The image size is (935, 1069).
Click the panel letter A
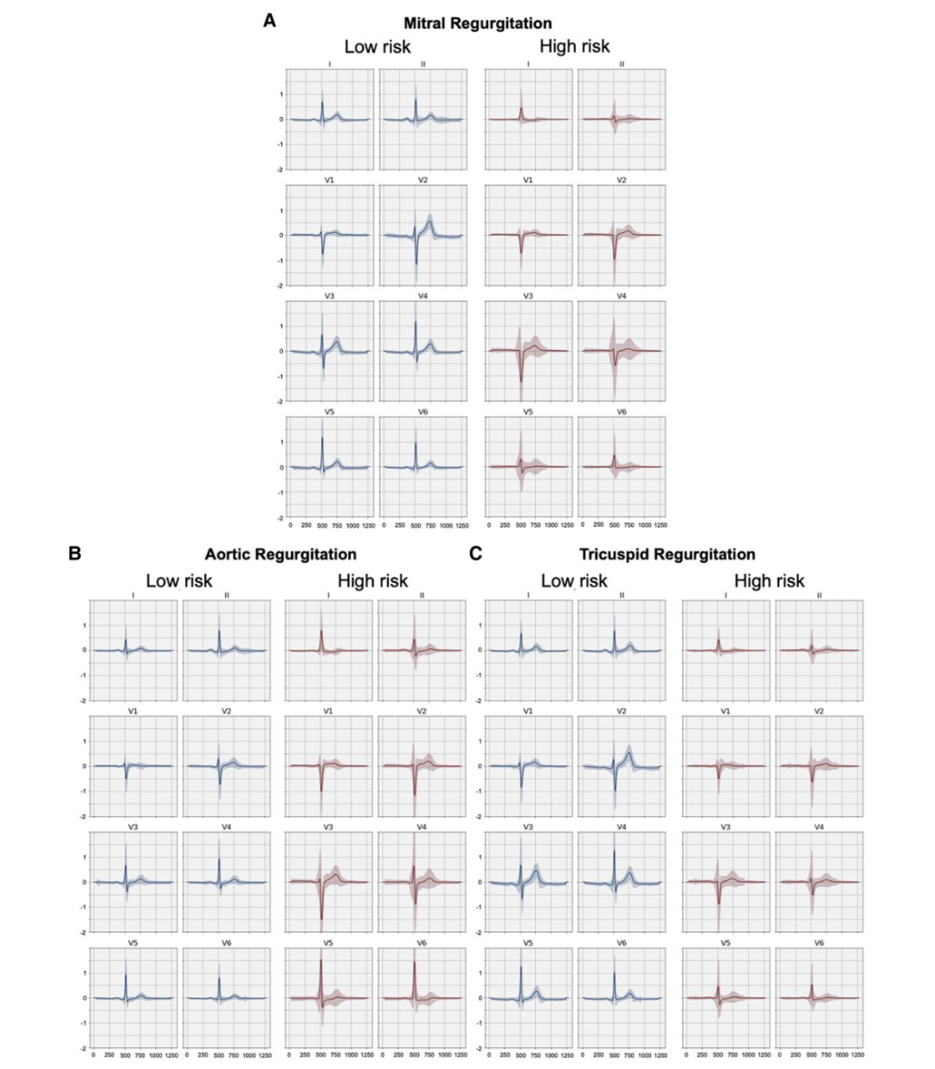tap(269, 21)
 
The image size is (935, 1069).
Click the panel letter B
tap(74, 552)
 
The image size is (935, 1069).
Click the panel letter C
tap(475, 552)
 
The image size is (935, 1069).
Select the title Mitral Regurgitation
tap(477, 23)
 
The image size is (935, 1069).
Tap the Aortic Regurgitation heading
tap(280, 554)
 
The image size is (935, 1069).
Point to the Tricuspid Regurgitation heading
tap(667, 554)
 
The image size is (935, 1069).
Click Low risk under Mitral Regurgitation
tap(377, 47)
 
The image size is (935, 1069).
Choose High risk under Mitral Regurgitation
tap(574, 47)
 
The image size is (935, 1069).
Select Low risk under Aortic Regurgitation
tap(178, 580)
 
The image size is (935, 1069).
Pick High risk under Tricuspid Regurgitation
tap(769, 580)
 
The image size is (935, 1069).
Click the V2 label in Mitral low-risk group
tap(422, 180)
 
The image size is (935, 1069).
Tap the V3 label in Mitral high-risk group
tap(528, 296)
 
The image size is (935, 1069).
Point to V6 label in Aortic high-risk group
tap(422, 943)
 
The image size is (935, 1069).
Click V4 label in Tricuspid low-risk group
tap(622, 827)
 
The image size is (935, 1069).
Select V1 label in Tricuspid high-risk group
tap(725, 711)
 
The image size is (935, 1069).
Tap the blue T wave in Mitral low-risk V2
tap(430, 224)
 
